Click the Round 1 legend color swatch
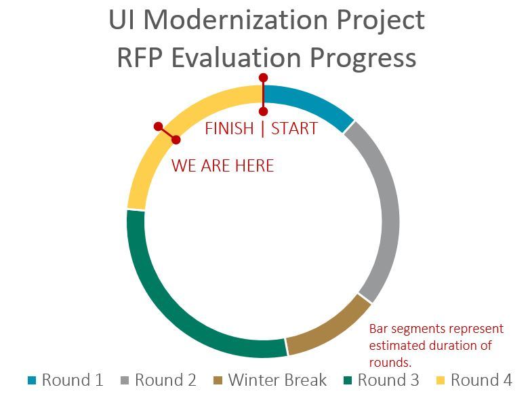32,380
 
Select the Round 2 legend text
165,380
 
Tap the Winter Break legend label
277,380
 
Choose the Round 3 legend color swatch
348,380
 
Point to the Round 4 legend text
481,380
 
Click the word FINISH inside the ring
229,129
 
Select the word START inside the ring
294,129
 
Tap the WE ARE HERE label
222,166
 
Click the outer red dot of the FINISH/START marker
263,78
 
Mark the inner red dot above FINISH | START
263,111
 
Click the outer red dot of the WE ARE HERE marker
158,126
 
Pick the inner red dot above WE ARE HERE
176,140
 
